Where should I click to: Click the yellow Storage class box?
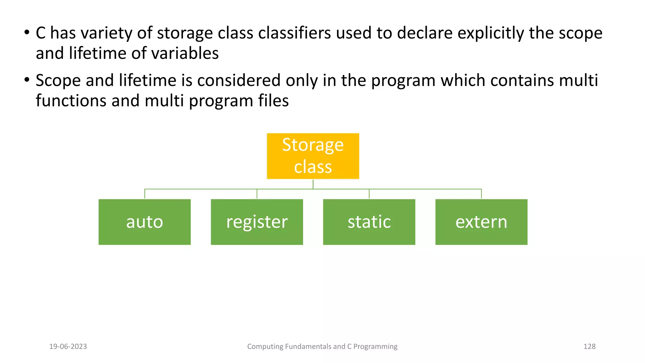(x=313, y=156)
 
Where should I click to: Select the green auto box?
(x=145, y=222)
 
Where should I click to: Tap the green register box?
(x=257, y=222)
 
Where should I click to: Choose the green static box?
(x=369, y=222)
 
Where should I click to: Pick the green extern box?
(x=481, y=222)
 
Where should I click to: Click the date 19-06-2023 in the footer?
(x=68, y=346)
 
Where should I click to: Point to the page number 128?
(x=589, y=346)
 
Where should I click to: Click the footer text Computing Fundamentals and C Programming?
(x=322, y=346)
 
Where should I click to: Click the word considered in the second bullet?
(x=239, y=80)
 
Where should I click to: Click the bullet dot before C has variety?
(x=27, y=32)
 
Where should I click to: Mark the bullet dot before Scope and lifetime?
(x=27, y=80)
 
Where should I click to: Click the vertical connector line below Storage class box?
(x=313, y=184)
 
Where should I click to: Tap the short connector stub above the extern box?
(x=481, y=194)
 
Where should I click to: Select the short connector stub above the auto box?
(x=145, y=194)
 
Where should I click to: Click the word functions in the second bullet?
(x=71, y=101)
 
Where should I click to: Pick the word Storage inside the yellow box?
(x=313, y=145)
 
